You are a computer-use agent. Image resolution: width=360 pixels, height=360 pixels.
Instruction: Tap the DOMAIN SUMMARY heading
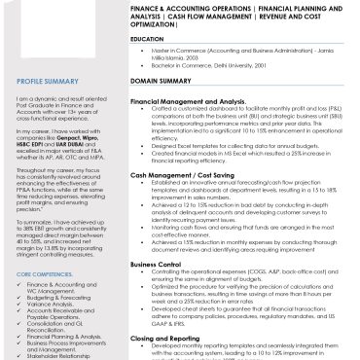[x=160, y=80]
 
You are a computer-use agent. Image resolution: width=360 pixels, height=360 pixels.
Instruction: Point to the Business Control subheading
[x=155, y=263]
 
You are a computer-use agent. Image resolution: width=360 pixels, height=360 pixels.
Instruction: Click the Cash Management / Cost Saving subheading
[x=181, y=174]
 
